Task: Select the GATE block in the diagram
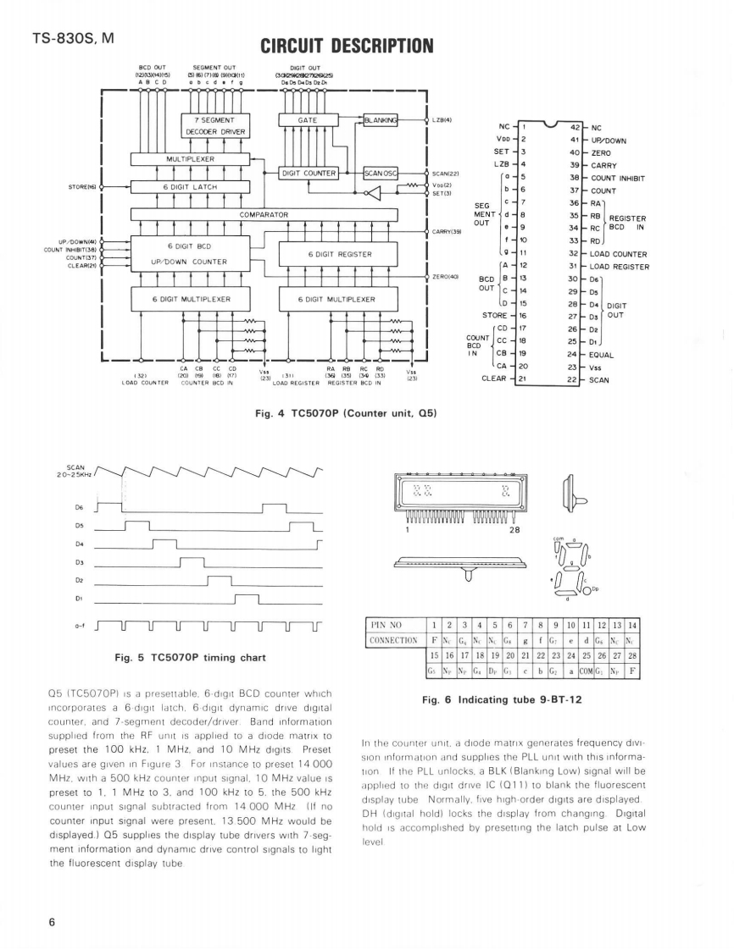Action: point(308,120)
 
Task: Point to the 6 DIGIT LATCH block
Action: point(190,187)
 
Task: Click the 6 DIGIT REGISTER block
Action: point(336,254)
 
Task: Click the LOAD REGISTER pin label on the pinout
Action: point(620,267)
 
